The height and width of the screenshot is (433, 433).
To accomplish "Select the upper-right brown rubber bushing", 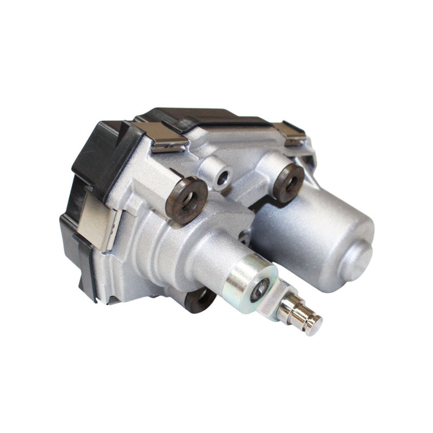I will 288,182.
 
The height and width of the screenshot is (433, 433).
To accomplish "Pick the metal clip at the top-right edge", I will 289,133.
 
